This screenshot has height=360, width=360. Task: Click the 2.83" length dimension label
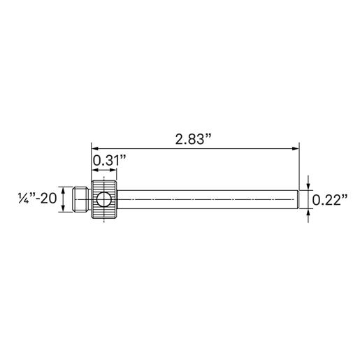point(193,138)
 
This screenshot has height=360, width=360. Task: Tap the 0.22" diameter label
point(330,200)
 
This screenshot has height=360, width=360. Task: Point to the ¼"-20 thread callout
point(36,199)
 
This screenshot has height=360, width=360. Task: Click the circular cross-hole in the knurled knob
point(103,199)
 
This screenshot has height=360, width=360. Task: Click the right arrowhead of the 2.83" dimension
point(296,147)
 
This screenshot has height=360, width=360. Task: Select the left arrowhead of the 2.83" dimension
point(95,147)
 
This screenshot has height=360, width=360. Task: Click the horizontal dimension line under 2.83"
point(196,147)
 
